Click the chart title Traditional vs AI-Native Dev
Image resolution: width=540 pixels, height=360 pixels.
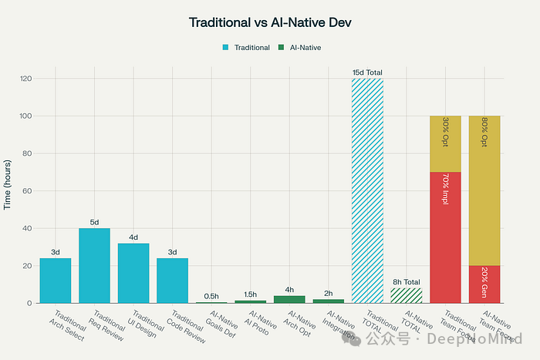[269, 22]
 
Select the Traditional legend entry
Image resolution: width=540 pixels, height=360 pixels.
[247, 47]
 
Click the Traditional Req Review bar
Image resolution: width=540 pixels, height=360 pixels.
[94, 265]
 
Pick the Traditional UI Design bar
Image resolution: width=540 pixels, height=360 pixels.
[133, 273]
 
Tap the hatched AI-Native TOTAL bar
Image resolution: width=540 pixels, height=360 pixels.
[406, 295]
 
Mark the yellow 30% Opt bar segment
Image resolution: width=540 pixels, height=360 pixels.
[445, 143]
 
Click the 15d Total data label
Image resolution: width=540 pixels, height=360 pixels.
[367, 72]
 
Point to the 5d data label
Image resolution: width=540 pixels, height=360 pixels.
[94, 222]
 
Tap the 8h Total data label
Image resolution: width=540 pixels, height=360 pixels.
[406, 282]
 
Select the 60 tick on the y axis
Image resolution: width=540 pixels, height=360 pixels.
[27, 190]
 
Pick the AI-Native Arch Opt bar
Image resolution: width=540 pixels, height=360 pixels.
[289, 299]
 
